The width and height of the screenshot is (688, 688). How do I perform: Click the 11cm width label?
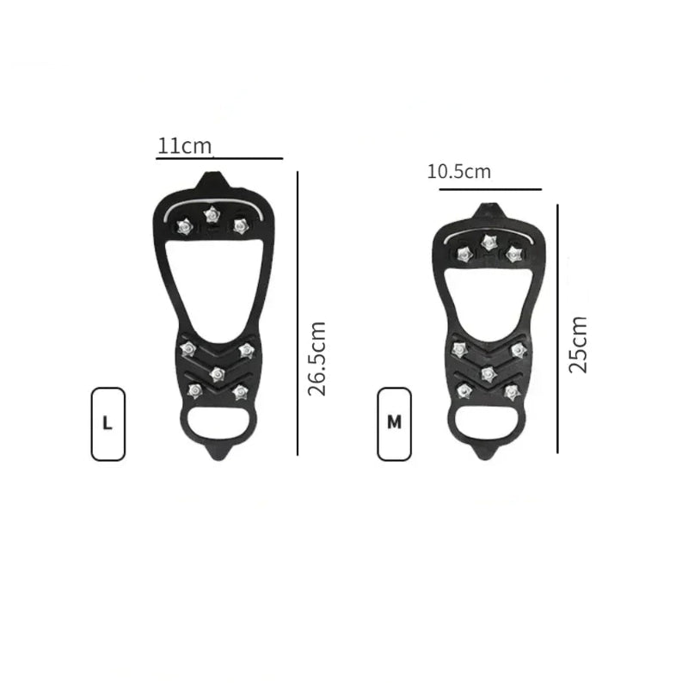[184, 145]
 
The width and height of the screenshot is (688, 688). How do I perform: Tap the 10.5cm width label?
[459, 171]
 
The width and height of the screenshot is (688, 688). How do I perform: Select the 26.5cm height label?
[317, 358]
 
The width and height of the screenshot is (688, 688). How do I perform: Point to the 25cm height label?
[579, 344]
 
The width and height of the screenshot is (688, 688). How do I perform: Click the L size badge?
[107, 423]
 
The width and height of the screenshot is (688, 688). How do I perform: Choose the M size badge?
[395, 423]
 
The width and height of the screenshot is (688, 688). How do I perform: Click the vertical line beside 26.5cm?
[298, 313]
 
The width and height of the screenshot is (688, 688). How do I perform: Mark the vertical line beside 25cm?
[557, 328]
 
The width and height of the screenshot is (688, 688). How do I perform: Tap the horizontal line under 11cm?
[220, 158]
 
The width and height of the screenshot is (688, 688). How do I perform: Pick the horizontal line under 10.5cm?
[490, 188]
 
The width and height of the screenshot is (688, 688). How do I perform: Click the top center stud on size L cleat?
[211, 214]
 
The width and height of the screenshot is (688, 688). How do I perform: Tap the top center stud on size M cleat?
[489, 241]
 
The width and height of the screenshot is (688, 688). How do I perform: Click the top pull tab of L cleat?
[212, 181]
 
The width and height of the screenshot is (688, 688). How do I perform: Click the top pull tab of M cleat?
[491, 209]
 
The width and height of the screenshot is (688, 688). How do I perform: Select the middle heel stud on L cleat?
[217, 373]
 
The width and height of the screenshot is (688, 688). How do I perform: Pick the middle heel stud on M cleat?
[488, 372]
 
